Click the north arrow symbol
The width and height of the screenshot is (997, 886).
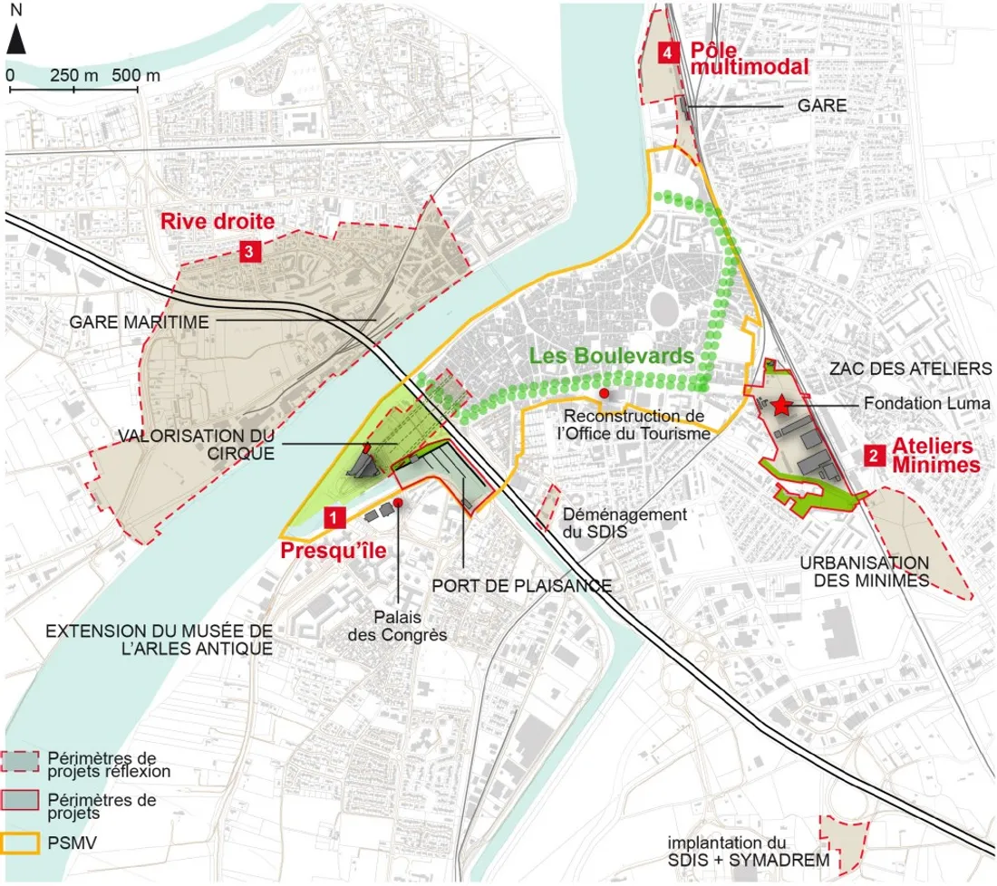click(17, 40)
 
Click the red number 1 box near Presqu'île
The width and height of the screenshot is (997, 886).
click(334, 517)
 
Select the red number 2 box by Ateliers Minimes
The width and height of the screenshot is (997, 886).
click(872, 456)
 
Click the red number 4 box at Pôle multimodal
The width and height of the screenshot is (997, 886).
click(668, 53)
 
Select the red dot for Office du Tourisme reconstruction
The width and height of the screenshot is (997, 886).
click(605, 393)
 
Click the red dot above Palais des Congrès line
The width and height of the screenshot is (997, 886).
click(397, 502)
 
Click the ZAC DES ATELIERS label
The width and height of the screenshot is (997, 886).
click(911, 369)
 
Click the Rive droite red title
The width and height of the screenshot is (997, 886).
click(218, 220)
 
